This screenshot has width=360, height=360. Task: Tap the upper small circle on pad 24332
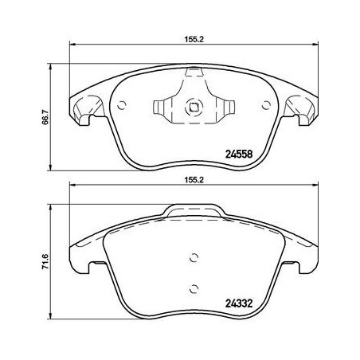(192, 256)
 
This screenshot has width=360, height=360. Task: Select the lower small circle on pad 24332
(192, 289)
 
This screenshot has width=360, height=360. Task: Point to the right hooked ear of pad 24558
(299, 111)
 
